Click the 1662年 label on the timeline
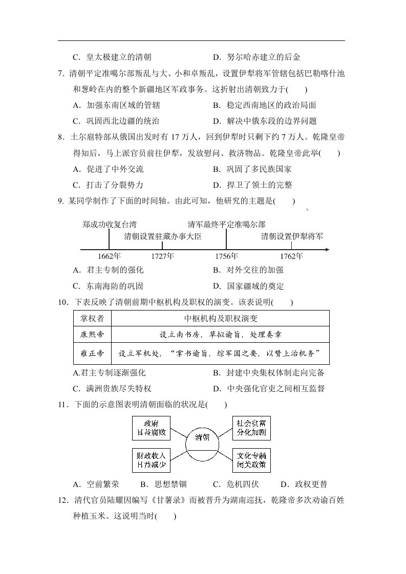point(109,256)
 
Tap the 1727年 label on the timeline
point(163,256)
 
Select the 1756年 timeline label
point(226,256)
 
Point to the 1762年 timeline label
point(291,256)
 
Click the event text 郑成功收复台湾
point(109,224)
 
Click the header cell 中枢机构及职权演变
point(221,319)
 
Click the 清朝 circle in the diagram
point(202,437)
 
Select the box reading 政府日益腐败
point(151,428)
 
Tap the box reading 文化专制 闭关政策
point(251,460)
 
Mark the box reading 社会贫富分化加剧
point(251,428)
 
